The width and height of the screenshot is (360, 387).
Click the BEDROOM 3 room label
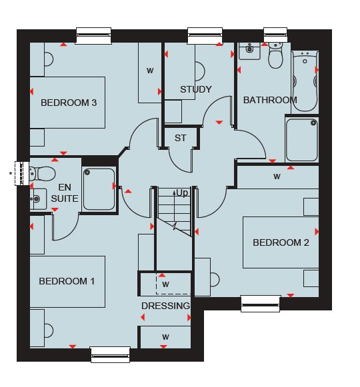tap(69, 103)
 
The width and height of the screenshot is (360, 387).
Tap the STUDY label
tap(196, 89)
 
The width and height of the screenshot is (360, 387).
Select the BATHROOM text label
tap(270, 100)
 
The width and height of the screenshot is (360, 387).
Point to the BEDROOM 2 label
tap(281, 242)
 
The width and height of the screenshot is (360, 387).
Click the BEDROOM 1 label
tap(67, 281)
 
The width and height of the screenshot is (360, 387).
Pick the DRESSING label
tap(165, 306)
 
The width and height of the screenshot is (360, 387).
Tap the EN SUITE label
tap(65, 193)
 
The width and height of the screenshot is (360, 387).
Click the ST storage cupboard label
tap(181, 139)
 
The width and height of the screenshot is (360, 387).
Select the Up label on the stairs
tap(182, 193)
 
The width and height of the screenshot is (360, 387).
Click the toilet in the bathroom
tap(275, 55)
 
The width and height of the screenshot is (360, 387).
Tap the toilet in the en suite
tap(42, 173)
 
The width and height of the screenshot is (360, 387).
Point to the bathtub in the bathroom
tap(305, 81)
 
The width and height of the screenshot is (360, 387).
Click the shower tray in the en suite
tap(99, 189)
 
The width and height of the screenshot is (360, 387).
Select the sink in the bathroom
tap(249, 51)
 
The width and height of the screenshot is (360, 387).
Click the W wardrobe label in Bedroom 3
tap(150, 71)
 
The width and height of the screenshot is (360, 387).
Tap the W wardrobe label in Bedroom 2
tap(277, 177)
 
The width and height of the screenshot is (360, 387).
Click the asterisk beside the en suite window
tap(11, 173)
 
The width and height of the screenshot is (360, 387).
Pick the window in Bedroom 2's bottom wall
tap(261, 304)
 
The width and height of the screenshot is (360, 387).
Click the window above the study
tap(205, 36)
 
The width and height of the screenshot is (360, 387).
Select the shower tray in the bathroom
tap(302, 140)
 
